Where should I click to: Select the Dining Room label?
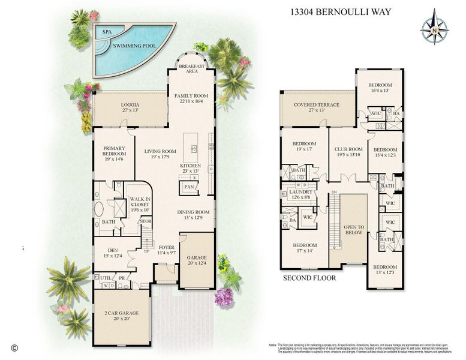(x=193, y=215)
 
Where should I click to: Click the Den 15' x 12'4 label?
(x=112, y=253)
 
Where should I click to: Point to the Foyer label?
(x=166, y=250)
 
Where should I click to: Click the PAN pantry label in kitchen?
(x=189, y=187)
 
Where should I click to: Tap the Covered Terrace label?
(x=317, y=107)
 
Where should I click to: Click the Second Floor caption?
(x=309, y=278)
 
